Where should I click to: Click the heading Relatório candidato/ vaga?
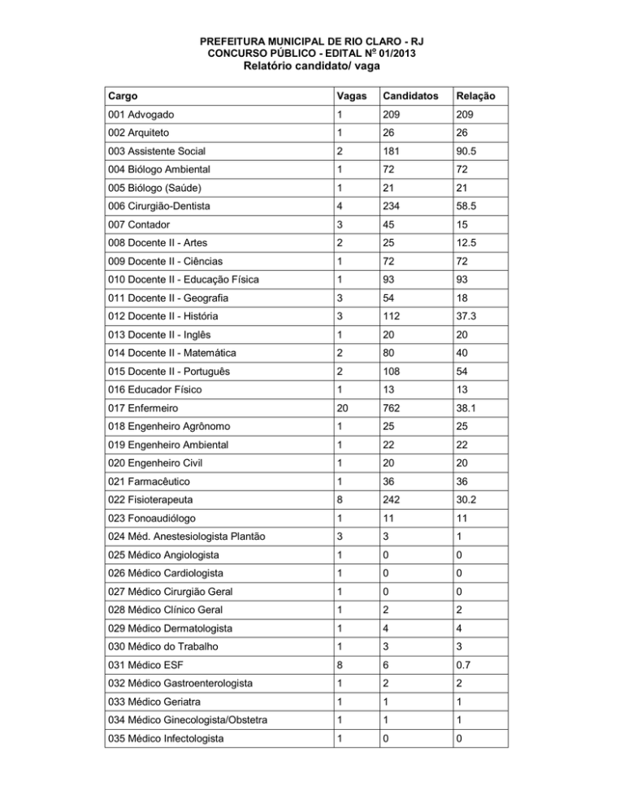[x=311, y=67]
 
